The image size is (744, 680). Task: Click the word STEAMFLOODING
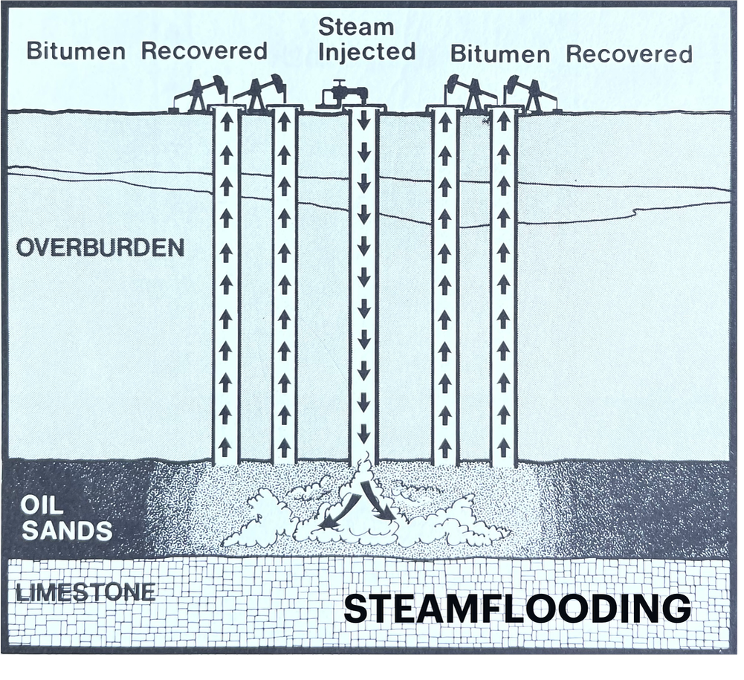(517, 609)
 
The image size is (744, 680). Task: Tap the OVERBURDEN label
(100, 247)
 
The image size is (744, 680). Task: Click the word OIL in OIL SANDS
(42, 505)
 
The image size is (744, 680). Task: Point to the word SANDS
(67, 531)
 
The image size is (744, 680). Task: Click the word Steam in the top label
(356, 27)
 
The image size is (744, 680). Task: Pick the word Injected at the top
(366, 52)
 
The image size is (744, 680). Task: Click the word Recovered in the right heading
(629, 54)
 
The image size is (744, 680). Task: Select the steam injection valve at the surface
(343, 95)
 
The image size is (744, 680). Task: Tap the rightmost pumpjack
(531, 94)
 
